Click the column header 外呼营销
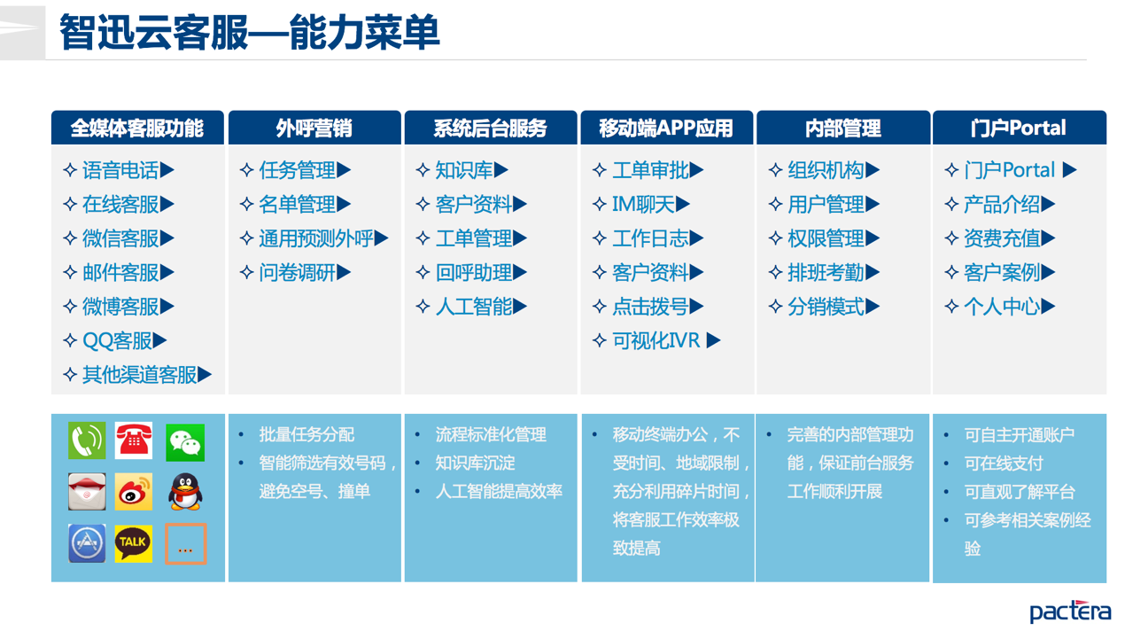(x=314, y=129)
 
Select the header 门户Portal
(x=1019, y=129)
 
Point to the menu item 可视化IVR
(x=656, y=340)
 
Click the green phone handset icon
(x=87, y=440)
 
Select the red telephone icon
(x=134, y=440)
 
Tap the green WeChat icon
(x=185, y=442)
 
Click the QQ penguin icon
(x=185, y=492)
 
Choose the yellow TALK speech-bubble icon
(x=134, y=543)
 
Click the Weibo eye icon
(x=134, y=492)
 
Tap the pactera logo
(x=1070, y=612)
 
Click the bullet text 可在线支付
(x=1004, y=464)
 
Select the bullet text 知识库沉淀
(x=475, y=464)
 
